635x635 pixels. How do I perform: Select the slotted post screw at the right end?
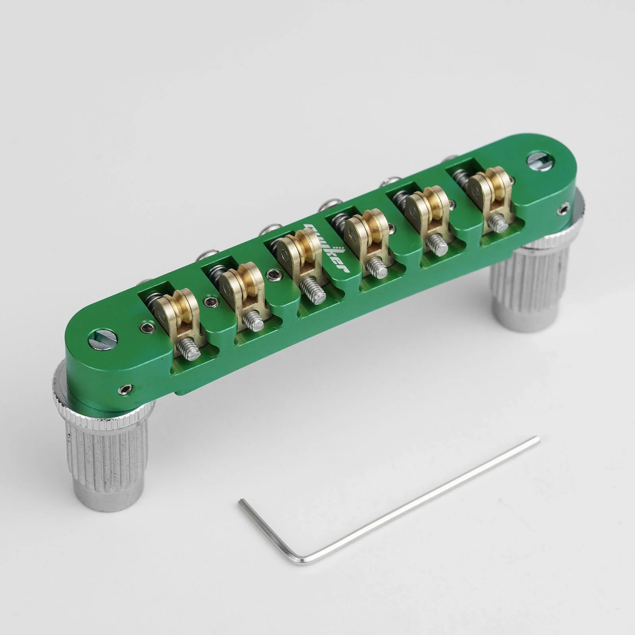point(539,161)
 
